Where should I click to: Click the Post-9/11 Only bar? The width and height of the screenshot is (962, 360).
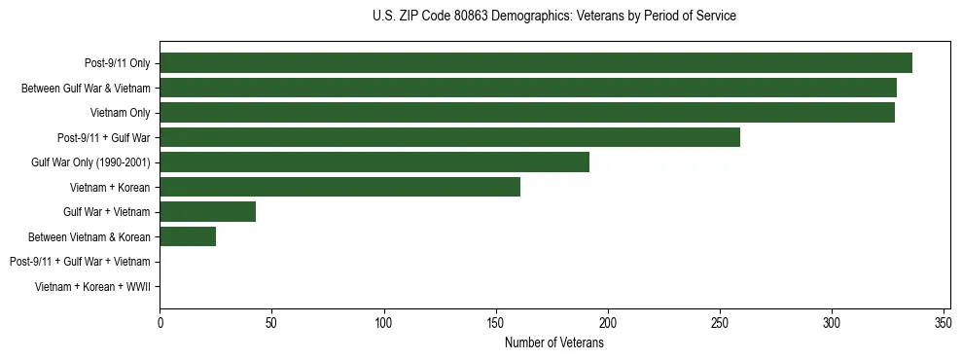click(x=535, y=63)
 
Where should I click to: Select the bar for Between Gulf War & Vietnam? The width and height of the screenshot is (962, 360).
click(x=528, y=88)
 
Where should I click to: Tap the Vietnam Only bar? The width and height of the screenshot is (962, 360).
click(x=527, y=113)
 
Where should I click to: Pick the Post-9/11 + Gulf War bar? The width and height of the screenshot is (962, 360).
click(x=449, y=137)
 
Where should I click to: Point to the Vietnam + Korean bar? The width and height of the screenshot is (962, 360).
click(x=339, y=187)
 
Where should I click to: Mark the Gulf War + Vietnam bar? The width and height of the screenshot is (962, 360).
click(x=207, y=211)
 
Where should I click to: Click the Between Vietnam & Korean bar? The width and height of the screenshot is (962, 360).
click(x=188, y=236)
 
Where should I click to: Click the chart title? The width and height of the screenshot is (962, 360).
click(x=554, y=17)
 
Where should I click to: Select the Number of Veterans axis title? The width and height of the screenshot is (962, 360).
click(x=554, y=343)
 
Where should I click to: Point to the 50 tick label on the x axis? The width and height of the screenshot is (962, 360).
click(x=271, y=322)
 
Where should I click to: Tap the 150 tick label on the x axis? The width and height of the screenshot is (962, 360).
click(x=495, y=322)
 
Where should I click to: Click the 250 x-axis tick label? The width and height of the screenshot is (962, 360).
click(x=719, y=322)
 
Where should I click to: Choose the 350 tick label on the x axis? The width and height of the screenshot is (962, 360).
click(x=943, y=322)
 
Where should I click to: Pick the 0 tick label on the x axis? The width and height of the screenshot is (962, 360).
click(x=160, y=322)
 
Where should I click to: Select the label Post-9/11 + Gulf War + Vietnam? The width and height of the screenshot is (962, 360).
click(x=80, y=261)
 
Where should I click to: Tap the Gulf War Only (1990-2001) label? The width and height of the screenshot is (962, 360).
click(x=90, y=162)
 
